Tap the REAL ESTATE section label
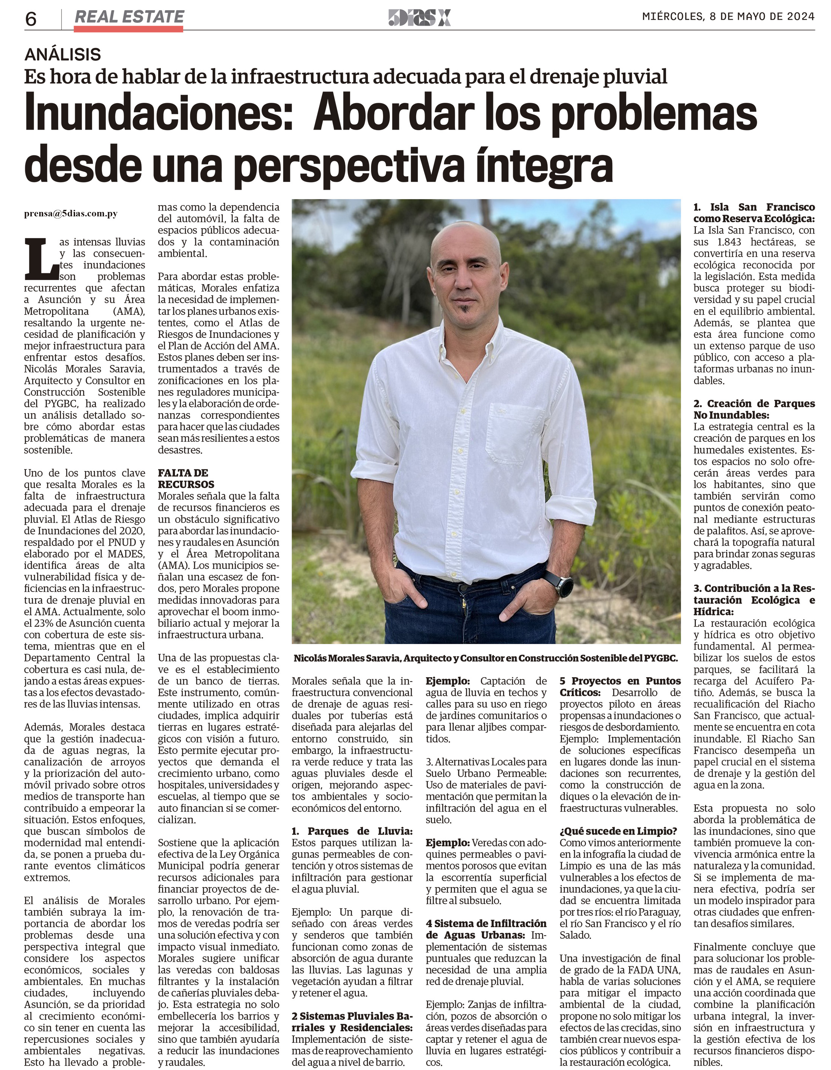(129, 17)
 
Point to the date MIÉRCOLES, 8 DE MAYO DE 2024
(728, 17)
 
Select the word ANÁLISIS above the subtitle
(63, 54)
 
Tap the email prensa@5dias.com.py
(71, 214)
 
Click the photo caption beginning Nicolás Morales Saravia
(485, 658)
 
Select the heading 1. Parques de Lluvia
(352, 831)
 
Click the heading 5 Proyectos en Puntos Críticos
(620, 686)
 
